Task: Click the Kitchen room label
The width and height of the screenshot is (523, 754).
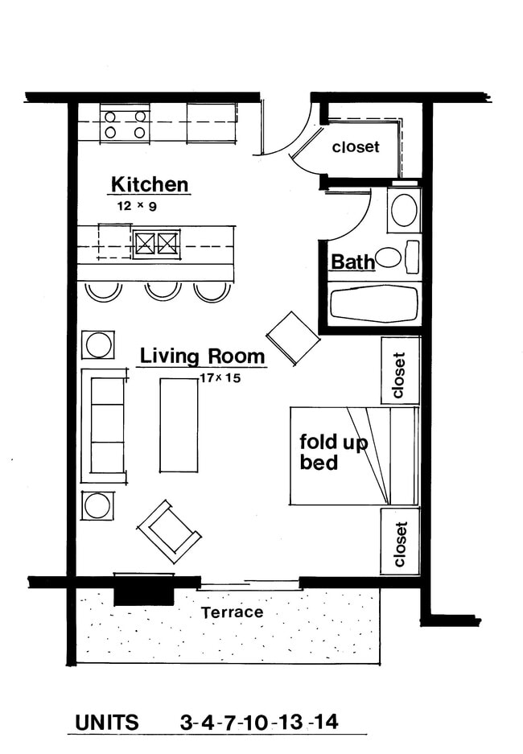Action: coord(150,184)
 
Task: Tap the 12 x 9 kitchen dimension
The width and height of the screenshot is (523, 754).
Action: coord(135,206)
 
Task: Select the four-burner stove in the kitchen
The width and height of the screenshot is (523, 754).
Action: coord(125,124)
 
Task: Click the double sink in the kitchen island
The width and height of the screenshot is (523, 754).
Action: coord(156,243)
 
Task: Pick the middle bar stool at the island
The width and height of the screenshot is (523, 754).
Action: coord(163,290)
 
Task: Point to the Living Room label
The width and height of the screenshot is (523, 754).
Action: coord(202,356)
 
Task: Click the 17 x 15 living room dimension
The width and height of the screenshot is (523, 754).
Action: coord(220,376)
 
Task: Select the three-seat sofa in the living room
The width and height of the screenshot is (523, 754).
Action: coord(105,425)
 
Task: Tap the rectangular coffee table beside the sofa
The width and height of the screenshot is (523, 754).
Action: coord(179,424)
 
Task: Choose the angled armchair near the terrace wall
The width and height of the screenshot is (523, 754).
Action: coord(169,531)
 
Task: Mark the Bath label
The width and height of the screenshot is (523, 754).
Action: coord(352,262)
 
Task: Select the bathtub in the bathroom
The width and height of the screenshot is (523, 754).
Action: coord(375,303)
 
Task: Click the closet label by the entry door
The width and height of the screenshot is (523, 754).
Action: coord(355,148)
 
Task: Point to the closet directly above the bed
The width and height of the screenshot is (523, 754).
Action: coord(400,370)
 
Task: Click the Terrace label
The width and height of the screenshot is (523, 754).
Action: coord(232,612)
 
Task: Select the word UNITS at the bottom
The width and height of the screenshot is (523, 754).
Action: coord(107,722)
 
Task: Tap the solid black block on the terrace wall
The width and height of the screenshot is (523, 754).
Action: coord(144,591)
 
